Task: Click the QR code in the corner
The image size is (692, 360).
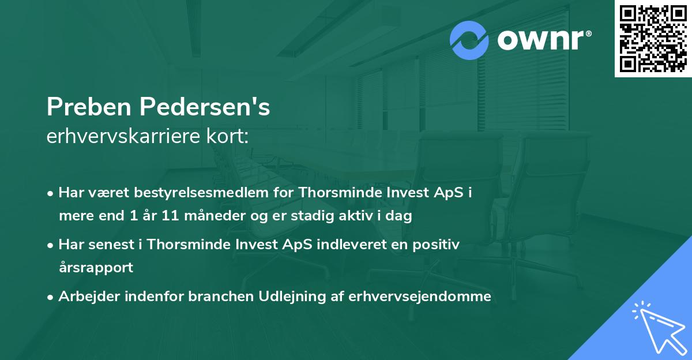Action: coord(653,38)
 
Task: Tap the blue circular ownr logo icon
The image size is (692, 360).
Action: coord(469,40)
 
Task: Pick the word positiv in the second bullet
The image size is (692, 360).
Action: coord(437,245)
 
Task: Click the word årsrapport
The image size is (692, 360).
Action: coord(96,268)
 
